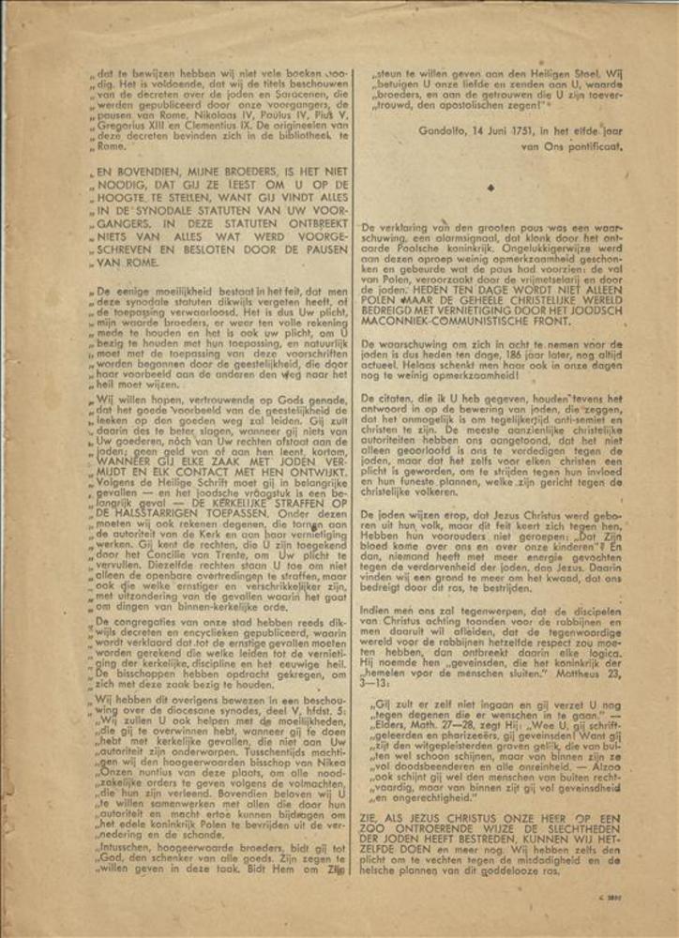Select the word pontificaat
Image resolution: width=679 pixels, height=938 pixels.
coord(592,146)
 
